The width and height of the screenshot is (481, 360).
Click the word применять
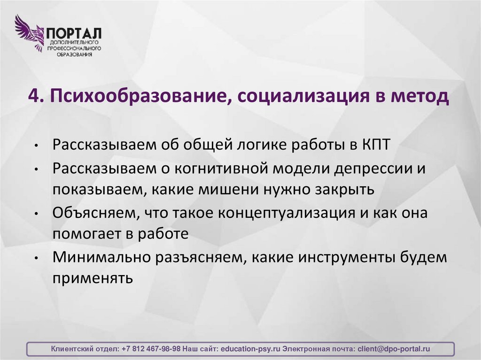(x=93, y=278)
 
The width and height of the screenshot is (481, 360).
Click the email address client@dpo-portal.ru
(x=394, y=349)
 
